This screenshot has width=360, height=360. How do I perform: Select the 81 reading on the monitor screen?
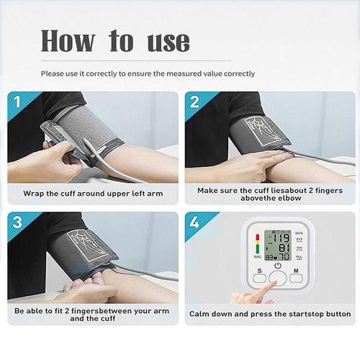click(284, 248)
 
